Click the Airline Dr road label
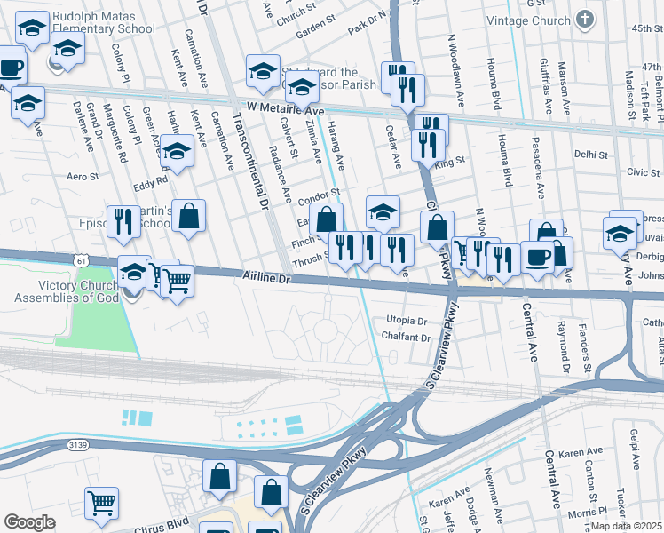click(266, 278)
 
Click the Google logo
click(29, 522)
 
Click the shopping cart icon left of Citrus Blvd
click(101, 503)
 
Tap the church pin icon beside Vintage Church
click(584, 19)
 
